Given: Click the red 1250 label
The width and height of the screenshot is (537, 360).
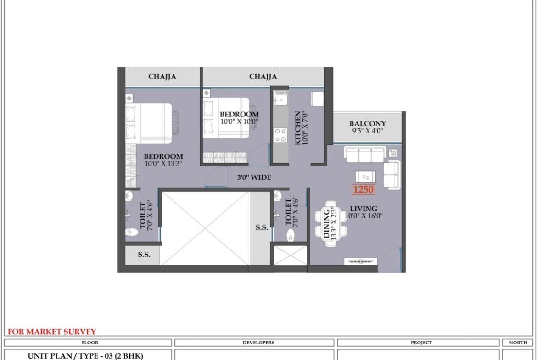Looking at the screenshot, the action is coord(363,189).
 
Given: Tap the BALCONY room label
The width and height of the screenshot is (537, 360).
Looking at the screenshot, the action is coord(368,123).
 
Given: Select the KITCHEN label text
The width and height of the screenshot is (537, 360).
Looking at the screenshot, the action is coord(297,128).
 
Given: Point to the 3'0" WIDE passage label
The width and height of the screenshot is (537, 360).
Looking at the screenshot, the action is coord(254,177).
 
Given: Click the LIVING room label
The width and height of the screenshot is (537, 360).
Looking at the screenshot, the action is coord(364,208).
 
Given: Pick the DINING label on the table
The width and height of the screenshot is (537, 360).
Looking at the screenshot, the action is coord(326,224).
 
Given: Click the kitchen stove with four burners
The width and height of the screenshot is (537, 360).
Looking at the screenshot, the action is coord(281,135).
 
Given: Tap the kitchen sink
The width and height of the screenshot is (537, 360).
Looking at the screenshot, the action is coord(280,100).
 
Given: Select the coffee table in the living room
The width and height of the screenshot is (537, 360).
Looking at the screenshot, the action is coord(365,177).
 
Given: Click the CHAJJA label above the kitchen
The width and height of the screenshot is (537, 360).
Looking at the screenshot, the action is coord(263,76).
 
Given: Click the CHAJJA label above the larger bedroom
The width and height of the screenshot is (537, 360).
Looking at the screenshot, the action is coord(162,76).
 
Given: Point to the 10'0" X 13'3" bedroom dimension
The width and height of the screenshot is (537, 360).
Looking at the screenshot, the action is coord(163,164).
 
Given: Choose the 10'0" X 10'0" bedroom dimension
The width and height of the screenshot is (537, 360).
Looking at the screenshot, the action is coord(239,121).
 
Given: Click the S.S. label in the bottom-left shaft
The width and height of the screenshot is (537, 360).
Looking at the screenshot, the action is coord(144,255).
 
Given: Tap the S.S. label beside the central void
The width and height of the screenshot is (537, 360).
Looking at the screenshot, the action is coord(262,227).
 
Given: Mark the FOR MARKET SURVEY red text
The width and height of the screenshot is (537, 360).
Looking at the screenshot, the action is coord(52,332).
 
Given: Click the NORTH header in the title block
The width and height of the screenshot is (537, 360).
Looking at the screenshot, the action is coord(518,343).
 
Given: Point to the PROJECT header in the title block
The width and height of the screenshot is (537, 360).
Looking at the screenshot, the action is coord(421,343).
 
